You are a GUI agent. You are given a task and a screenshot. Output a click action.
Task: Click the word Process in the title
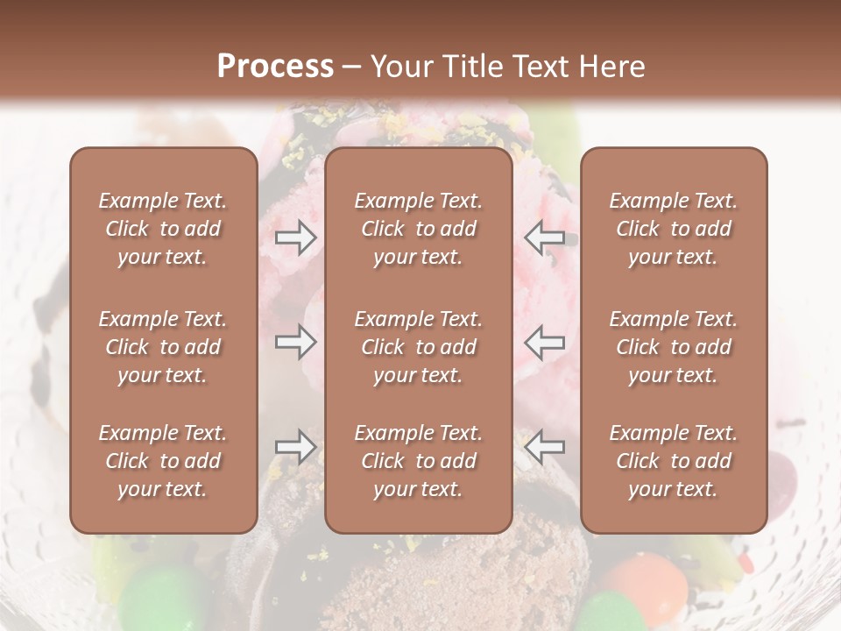tap(275, 67)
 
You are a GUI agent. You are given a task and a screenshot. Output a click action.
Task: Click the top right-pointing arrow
tap(296, 237)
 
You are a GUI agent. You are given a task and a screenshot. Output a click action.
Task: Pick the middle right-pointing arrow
tap(296, 342)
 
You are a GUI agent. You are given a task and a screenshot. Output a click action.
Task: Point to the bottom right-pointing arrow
tap(296, 447)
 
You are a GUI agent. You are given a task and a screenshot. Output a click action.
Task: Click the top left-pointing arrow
tap(544, 237)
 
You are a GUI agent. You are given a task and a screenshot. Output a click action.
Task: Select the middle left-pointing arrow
tap(544, 342)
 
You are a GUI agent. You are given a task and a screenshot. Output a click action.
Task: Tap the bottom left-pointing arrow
tap(544, 447)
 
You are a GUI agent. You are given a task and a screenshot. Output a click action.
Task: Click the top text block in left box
tap(163, 229)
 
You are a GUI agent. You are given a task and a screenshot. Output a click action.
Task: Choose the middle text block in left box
tap(163, 347)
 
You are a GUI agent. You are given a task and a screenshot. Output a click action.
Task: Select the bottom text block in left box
tap(163, 461)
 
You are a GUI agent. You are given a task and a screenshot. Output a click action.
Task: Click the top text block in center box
tap(418, 229)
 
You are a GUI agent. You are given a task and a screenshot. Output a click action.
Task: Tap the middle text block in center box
tap(418, 347)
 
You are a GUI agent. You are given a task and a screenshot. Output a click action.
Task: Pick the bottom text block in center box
tap(418, 461)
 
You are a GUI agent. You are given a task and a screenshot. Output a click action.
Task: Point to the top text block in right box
tap(673, 229)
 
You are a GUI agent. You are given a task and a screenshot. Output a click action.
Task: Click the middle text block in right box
tap(673, 347)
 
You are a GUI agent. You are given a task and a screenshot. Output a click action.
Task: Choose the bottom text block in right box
tap(673, 461)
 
